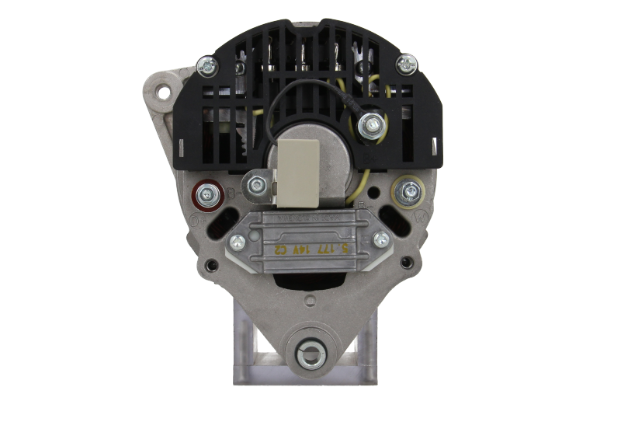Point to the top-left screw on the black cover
pos(206,66)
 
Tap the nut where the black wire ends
pos(375,122)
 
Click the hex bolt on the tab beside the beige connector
pos(255,185)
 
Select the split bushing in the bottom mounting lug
pos(310,354)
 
